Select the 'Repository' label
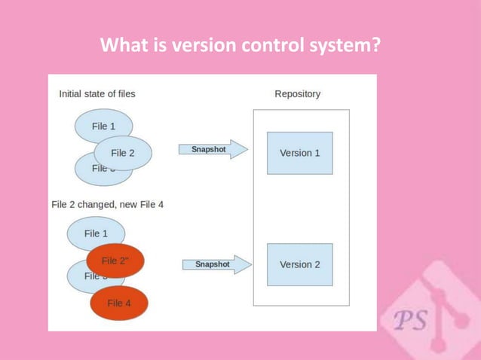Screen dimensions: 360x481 coord(297,94)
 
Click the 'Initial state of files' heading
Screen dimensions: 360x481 coord(97,94)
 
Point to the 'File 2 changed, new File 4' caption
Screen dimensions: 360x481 coord(107,204)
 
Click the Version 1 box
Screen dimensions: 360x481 coord(299,153)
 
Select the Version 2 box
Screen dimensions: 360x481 coord(299,264)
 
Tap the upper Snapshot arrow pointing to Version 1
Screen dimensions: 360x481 coord(214,150)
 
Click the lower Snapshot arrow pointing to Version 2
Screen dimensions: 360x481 coord(218,264)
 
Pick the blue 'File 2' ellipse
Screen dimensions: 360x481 coord(123,153)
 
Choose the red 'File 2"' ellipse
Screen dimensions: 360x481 coord(115,261)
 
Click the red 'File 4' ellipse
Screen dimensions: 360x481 coord(119,303)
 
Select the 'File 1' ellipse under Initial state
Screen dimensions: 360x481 coord(103,126)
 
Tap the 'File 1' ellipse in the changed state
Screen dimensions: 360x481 coord(96,233)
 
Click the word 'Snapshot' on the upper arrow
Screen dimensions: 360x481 coord(208,149)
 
